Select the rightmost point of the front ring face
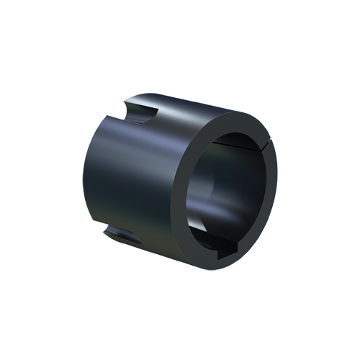click(276, 180)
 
